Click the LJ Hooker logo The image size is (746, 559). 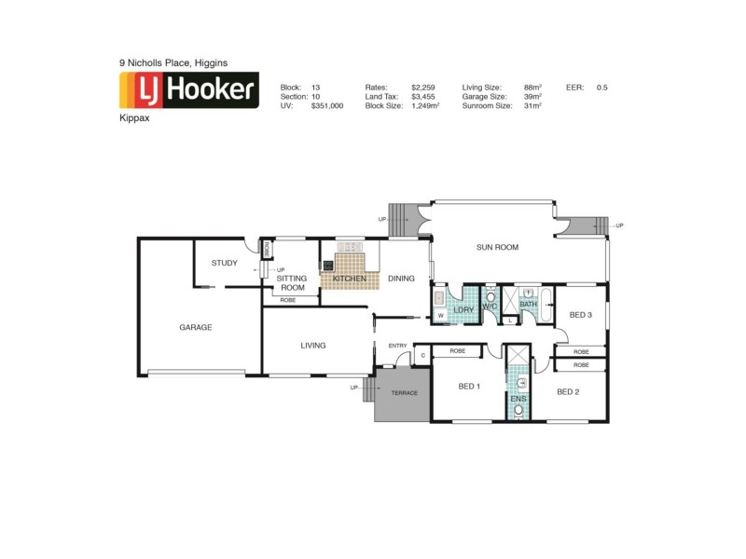click(188, 90)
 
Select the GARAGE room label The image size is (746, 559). click(196, 327)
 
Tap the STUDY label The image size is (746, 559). click(224, 263)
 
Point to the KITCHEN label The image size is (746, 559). click(350, 279)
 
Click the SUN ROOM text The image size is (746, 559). click(497, 247)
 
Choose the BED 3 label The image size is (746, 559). click(580, 315)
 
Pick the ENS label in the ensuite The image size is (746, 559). click(518, 399)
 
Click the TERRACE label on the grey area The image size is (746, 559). click(404, 392)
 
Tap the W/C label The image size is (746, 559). click(490, 308)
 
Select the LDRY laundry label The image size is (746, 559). click(463, 308)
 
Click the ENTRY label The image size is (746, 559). click(398, 346)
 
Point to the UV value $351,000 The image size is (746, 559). click(327, 106)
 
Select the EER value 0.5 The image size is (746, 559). click(601, 87)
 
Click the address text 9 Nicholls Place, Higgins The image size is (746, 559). click(173, 62)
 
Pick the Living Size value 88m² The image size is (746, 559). click(533, 87)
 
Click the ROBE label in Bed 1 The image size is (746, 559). click(458, 351)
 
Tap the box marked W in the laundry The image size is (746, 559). click(439, 316)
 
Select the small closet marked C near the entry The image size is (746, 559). click(422, 354)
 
